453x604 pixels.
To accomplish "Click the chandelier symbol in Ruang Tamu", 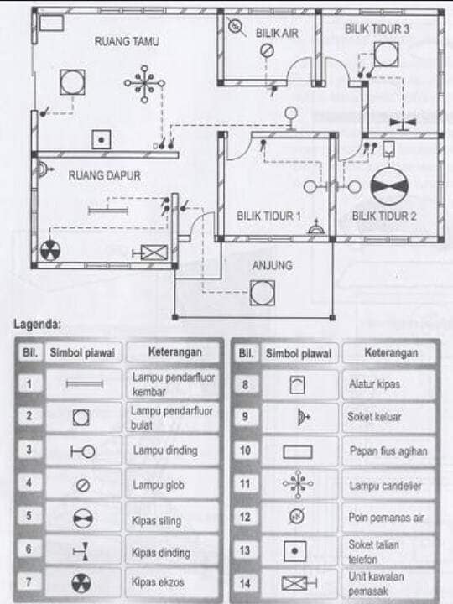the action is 144,84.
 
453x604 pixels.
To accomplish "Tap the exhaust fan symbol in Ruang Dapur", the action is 50,250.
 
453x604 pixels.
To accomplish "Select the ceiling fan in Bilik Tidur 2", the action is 389,186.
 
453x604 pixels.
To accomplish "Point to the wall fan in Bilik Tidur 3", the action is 403,122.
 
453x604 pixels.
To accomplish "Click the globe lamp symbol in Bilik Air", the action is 267,50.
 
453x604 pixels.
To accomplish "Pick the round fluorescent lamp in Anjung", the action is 263,293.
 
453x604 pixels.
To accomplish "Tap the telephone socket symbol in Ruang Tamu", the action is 102,139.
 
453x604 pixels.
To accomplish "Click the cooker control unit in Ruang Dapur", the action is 150,253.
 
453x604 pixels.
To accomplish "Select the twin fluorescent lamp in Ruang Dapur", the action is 108,211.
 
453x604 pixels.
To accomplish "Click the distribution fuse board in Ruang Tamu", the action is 52,23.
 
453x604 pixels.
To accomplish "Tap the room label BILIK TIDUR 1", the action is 268,216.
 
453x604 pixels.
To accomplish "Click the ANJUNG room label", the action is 273,265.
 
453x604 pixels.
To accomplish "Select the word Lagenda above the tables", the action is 38,325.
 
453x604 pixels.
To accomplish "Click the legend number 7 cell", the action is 29,581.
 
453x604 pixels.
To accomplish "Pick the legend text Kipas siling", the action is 156,521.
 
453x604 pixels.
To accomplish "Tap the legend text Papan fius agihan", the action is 388,450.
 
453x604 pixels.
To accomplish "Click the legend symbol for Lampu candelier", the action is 298,484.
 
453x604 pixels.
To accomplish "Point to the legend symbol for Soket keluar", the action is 304,417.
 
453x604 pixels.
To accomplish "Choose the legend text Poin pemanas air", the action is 387,518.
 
